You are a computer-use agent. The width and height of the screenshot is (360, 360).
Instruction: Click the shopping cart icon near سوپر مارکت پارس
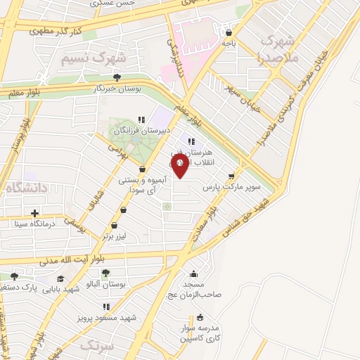[x=231, y=176]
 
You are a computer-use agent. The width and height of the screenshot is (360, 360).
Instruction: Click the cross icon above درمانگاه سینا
[x=34, y=213]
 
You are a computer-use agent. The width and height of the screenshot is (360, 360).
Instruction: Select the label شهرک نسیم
[x=93, y=56]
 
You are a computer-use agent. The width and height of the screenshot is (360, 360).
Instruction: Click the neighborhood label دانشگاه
[x=27, y=188]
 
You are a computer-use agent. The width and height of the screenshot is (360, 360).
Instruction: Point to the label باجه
[x=229, y=43]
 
